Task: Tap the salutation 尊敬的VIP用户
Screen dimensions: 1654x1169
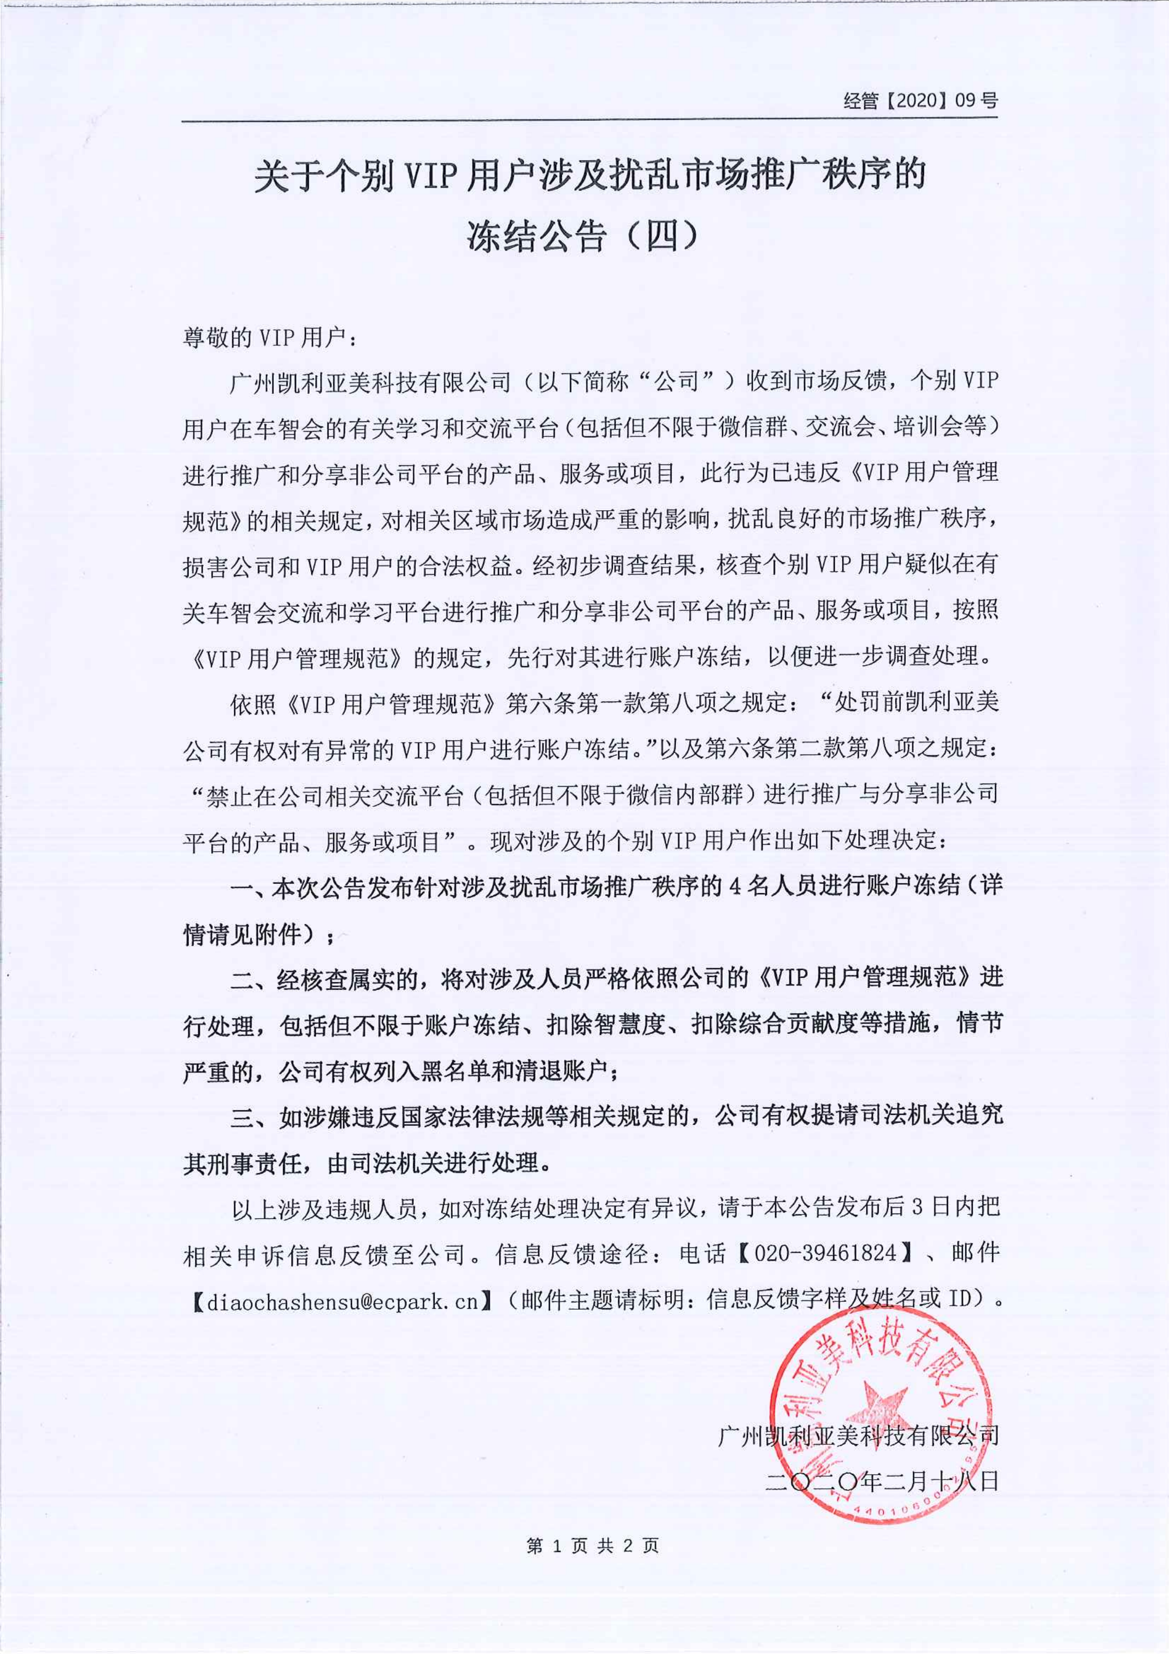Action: click(x=264, y=337)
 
